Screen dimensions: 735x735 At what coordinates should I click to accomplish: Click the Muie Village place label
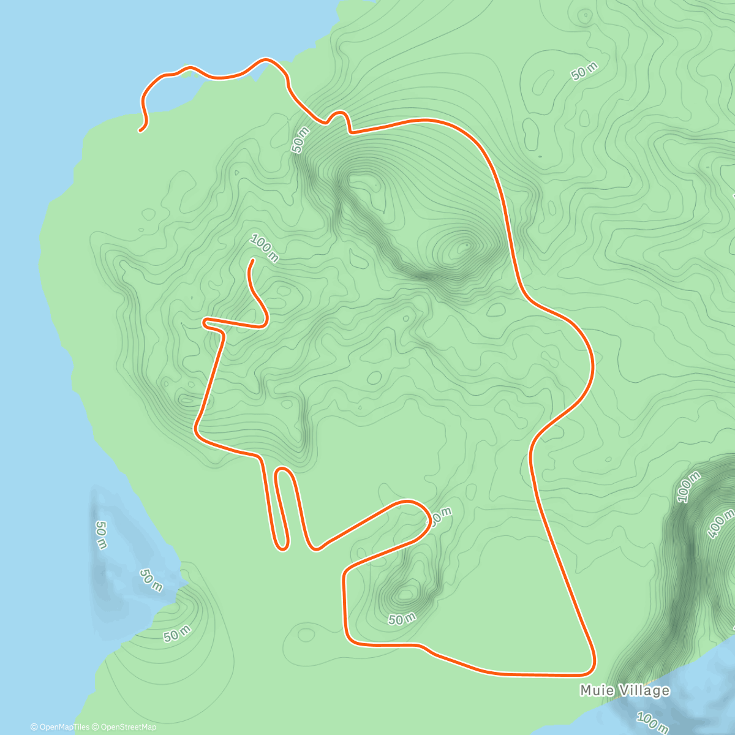(x=625, y=691)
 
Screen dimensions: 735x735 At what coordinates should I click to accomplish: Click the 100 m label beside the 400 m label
(x=688, y=488)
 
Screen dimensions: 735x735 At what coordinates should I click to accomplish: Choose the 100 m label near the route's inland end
(x=264, y=249)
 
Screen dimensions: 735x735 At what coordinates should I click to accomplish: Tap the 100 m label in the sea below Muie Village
(x=653, y=723)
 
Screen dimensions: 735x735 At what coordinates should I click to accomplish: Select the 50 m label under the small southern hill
(x=402, y=619)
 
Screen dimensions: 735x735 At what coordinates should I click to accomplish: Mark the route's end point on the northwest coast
(x=141, y=130)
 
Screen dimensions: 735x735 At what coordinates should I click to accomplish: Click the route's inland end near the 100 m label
(x=252, y=261)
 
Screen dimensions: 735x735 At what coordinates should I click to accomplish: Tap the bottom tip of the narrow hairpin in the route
(x=282, y=547)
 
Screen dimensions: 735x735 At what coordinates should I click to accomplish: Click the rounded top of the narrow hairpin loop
(x=283, y=470)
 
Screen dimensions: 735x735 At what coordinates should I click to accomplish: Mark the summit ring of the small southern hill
(x=405, y=594)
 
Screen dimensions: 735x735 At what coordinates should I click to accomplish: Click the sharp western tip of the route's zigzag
(x=205, y=320)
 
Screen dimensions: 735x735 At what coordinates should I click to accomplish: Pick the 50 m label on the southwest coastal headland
(x=177, y=635)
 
